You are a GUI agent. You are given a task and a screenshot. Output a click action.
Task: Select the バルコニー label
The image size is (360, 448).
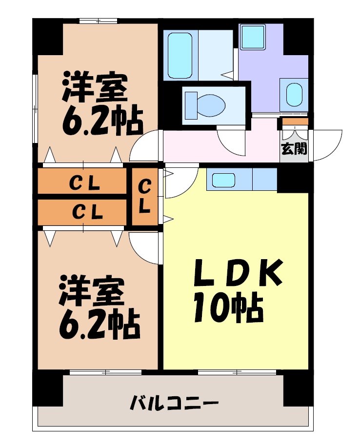point(174,404)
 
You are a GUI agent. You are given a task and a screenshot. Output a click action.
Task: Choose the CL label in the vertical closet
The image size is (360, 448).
point(144,196)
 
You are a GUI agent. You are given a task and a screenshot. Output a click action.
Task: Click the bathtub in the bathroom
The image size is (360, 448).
point(180,55)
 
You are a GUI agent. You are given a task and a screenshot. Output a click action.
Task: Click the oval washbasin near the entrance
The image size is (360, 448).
point(294,94)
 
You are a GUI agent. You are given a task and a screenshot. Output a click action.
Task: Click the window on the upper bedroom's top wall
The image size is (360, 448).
point(99,20)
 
